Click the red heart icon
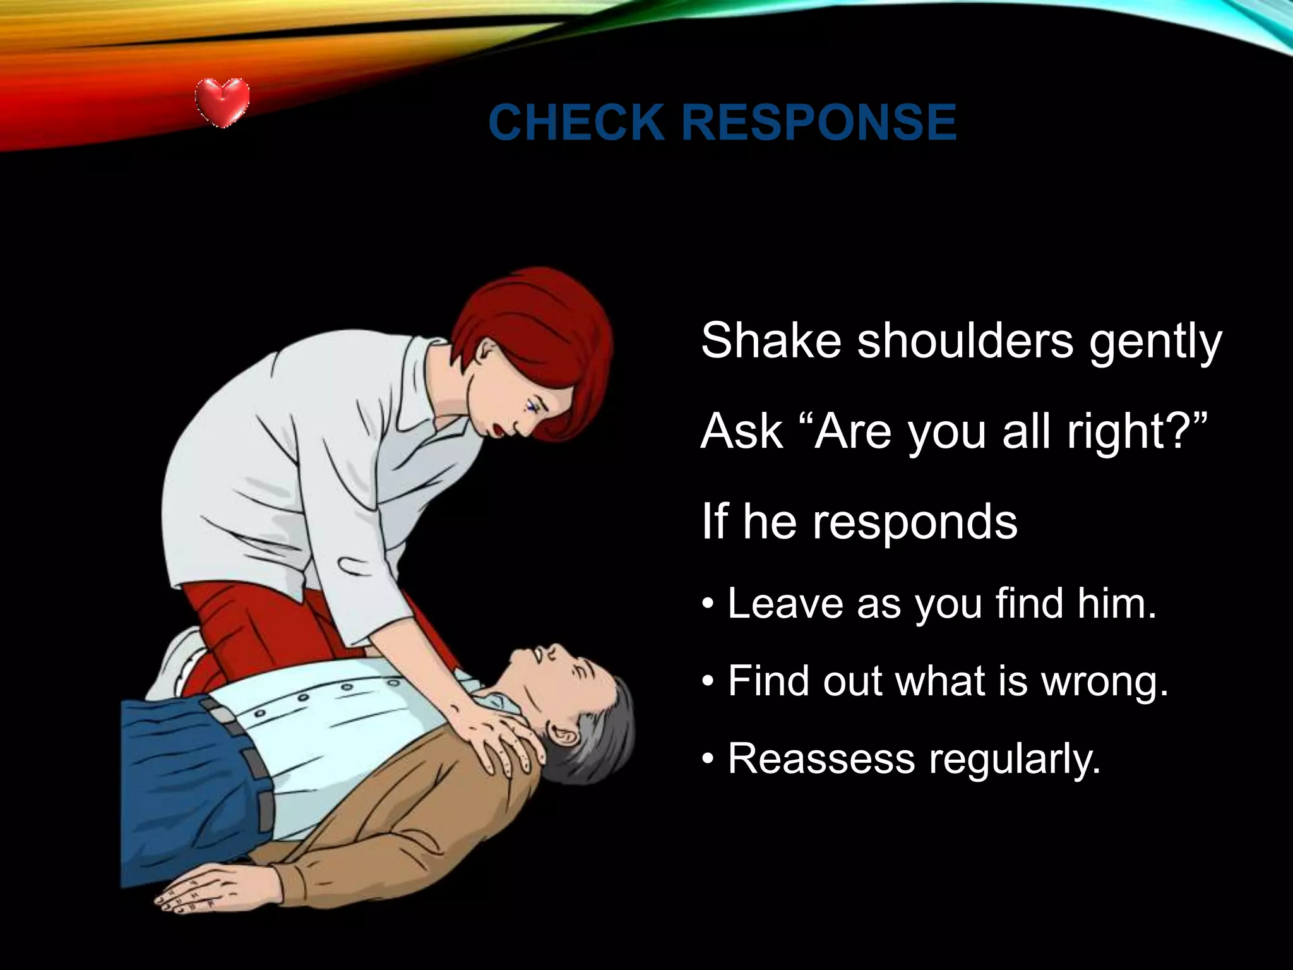(222, 101)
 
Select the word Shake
(771, 341)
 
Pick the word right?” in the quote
(1137, 433)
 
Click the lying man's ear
(564, 735)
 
